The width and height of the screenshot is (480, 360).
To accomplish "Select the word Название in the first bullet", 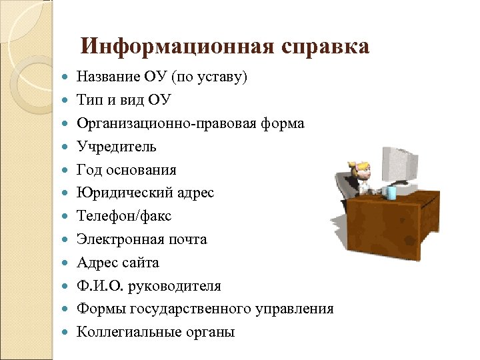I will tap(106, 77).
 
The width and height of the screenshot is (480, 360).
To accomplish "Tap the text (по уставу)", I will tap(209, 77).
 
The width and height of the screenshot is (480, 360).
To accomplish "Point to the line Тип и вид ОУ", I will tap(124, 100).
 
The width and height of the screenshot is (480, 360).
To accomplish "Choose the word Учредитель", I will tap(117, 146).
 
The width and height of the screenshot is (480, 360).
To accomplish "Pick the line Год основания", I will tap(127, 169).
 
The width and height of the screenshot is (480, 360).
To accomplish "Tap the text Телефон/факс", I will tap(124, 216).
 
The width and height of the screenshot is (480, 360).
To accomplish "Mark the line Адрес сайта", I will tap(118, 263).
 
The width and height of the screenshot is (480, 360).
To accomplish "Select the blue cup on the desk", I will tap(391, 193).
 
